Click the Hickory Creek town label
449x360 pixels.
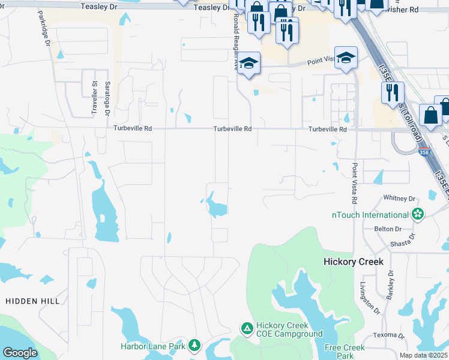[354, 262]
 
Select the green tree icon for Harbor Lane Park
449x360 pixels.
[194, 346]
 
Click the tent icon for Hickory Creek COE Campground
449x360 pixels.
[247, 328]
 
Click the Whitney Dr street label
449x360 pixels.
[399, 198]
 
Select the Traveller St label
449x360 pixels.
[94, 98]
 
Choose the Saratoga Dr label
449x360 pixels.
[107, 98]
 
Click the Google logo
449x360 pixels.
[20, 353]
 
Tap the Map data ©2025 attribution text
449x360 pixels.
[423, 355]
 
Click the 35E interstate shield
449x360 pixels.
[424, 152]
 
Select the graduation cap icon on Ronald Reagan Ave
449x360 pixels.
[249, 64]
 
